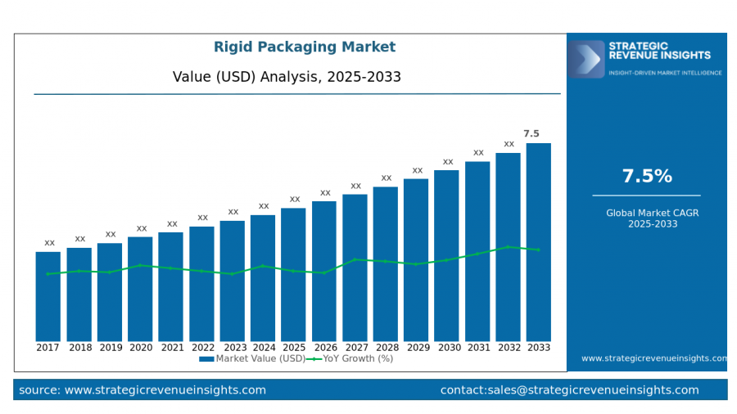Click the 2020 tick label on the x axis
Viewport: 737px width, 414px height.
point(140,348)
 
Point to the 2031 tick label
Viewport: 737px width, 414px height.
point(477,348)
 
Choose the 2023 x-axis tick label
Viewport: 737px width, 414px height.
point(233,348)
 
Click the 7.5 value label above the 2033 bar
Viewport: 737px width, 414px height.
point(531,133)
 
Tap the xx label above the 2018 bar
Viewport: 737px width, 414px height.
point(80,239)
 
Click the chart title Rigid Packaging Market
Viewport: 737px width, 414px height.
point(305,47)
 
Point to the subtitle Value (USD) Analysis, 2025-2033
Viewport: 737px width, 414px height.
point(287,77)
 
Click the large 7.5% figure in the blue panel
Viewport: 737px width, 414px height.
point(647,176)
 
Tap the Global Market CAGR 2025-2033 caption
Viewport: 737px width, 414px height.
point(647,218)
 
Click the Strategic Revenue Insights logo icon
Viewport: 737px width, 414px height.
point(586,59)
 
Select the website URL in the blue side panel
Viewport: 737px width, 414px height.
point(653,358)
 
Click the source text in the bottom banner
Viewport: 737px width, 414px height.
point(142,390)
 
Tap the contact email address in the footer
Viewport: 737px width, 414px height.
point(569,390)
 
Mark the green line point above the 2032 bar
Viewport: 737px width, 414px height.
point(508,246)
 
